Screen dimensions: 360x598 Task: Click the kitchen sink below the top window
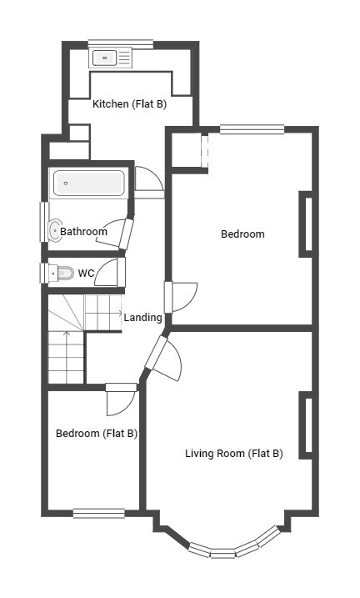[111, 58]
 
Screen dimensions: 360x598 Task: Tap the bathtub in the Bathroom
[89, 183]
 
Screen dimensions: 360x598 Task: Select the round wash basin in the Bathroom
[55, 230]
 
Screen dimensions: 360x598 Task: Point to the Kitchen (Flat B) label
[129, 103]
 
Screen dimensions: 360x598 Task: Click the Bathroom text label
[84, 231]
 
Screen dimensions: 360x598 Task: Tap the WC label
[86, 273]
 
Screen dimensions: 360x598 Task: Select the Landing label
[142, 317]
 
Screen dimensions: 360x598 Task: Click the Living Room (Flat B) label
[234, 454]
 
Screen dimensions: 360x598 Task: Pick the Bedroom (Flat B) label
[97, 433]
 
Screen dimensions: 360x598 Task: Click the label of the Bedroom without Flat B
[242, 234]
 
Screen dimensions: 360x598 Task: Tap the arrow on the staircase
[67, 357]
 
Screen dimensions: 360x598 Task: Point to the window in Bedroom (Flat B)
[99, 513]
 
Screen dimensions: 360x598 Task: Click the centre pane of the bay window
[222, 553]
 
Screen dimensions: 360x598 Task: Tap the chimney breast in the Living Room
[306, 425]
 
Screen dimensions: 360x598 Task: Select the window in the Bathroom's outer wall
[44, 222]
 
